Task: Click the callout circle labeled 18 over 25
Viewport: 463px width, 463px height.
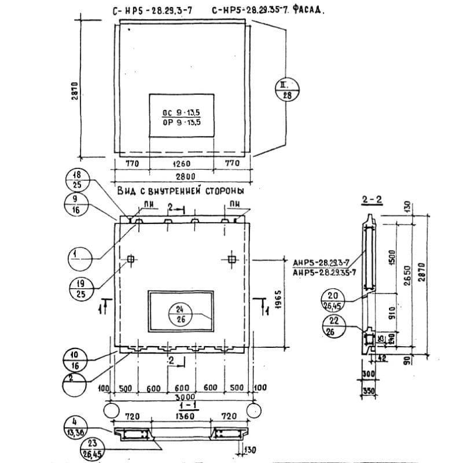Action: pos(77,180)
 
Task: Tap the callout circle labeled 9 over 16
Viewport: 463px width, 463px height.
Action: pos(77,204)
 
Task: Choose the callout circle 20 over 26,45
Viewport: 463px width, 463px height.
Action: pos(335,299)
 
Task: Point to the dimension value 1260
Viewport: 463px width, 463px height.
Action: pos(182,164)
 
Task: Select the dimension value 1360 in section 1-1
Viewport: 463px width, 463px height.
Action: pos(183,416)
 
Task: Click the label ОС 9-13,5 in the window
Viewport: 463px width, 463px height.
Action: pos(181,113)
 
